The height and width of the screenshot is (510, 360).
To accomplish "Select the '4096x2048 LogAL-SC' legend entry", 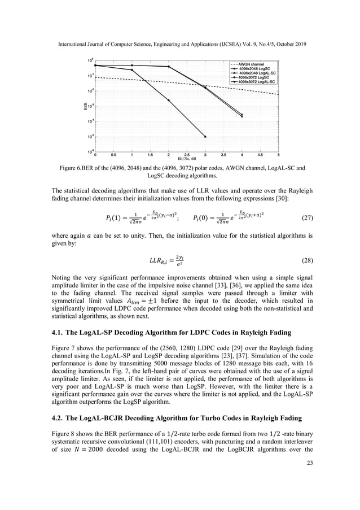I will [257, 73].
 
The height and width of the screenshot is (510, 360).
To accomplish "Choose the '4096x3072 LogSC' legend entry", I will [257, 77].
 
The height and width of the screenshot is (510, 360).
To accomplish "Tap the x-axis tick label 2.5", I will [187, 154].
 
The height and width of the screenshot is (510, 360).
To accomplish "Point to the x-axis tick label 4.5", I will [261, 154].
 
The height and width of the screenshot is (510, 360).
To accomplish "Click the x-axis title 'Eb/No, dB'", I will [187, 159].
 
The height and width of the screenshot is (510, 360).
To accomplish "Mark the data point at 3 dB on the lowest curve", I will [205, 137].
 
